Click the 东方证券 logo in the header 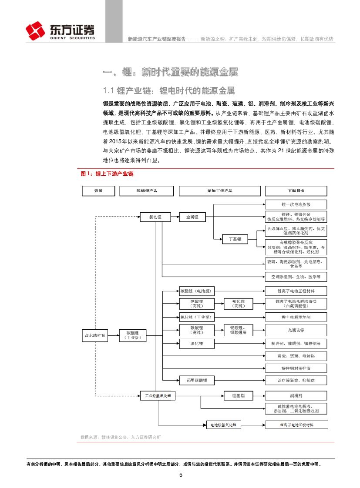60,30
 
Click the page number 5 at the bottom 180,475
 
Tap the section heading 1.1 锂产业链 168,90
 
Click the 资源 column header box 98,191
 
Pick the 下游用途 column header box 296,191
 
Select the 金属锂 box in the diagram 192,216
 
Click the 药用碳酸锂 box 197,380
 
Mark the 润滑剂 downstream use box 296,396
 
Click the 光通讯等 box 296,329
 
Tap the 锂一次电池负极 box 296,204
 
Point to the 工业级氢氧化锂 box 157,396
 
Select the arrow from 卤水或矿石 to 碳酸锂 112,335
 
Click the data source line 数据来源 121,437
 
